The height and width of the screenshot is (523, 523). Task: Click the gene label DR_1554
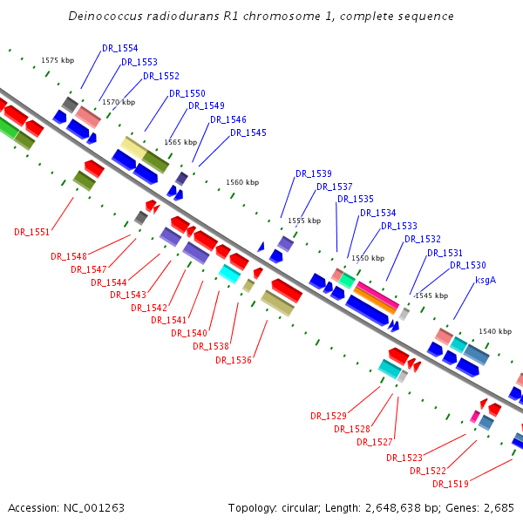119,49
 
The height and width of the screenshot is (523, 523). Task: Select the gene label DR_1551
32,232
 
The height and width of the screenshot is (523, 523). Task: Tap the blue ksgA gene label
486,281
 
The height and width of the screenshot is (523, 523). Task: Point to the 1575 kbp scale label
58,60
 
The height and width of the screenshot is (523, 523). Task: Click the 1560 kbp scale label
242,182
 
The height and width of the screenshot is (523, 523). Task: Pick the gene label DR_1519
451,484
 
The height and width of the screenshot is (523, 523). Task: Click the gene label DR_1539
313,173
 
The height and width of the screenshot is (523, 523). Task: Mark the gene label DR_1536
233,360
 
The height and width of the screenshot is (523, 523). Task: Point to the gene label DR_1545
248,132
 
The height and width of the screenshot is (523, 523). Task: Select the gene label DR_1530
468,265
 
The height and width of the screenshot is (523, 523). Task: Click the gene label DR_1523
404,458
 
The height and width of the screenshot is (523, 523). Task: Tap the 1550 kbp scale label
367,258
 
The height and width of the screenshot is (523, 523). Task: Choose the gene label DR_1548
69,256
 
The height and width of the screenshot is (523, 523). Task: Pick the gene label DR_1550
187,93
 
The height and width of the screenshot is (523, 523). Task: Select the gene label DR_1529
329,416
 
